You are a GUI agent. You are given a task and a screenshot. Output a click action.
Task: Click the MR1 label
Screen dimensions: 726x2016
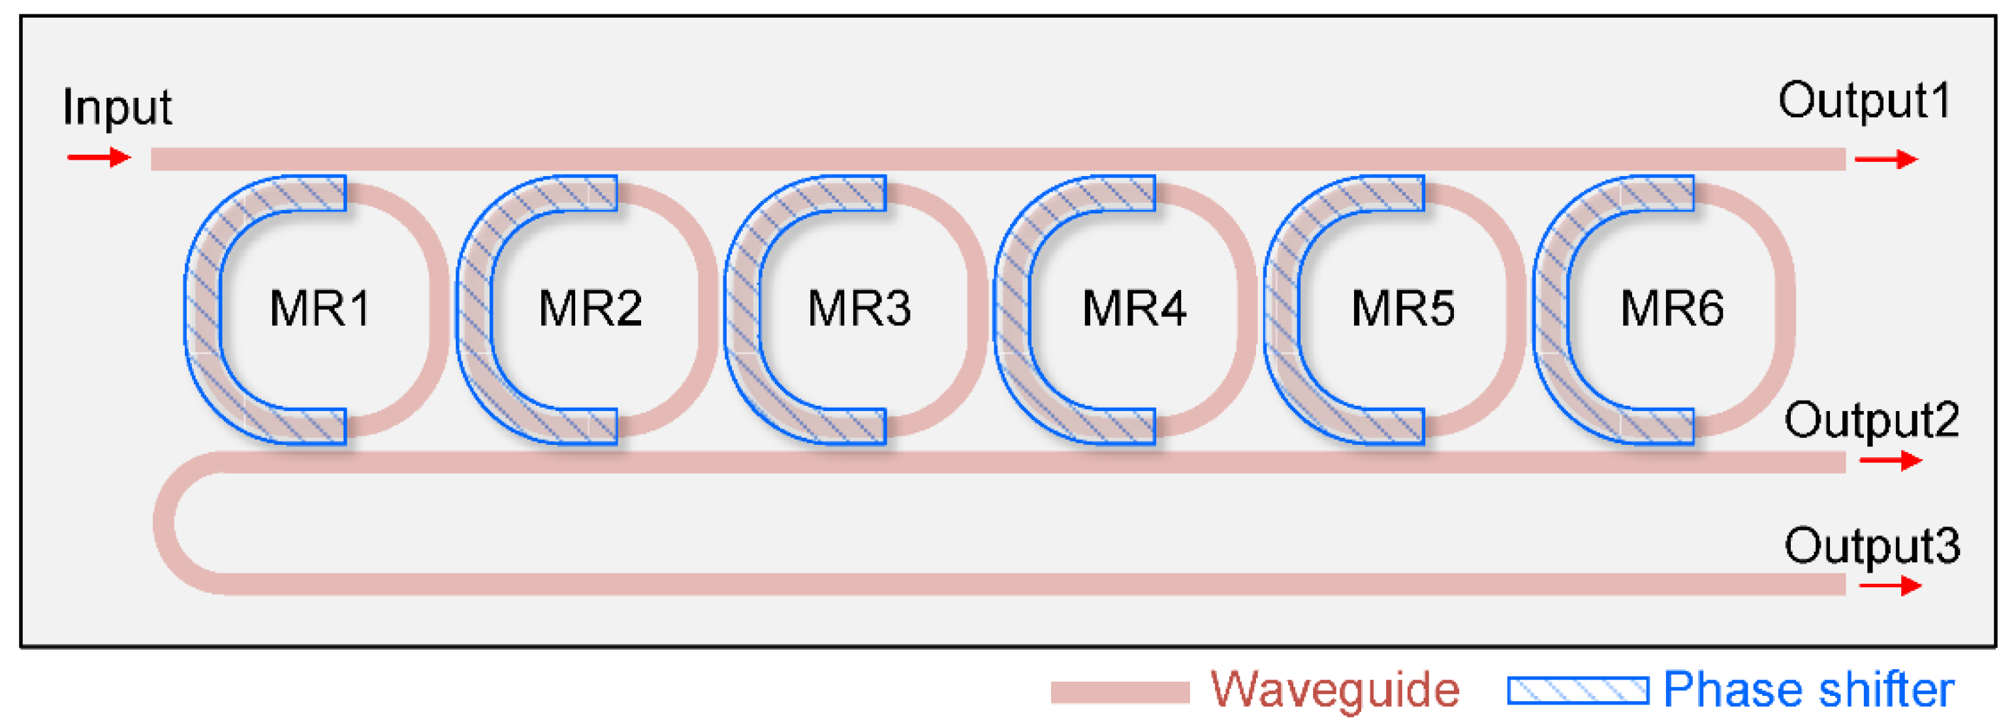point(319,307)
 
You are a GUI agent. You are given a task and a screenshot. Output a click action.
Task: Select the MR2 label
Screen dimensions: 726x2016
point(590,307)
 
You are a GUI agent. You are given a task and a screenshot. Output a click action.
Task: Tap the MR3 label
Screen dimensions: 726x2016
point(859,307)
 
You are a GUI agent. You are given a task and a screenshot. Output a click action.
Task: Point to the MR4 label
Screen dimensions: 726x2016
point(1134,307)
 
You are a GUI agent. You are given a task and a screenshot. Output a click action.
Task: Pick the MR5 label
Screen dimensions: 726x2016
point(1402,307)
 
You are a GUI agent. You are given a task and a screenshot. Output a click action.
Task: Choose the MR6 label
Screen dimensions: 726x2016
point(1672,307)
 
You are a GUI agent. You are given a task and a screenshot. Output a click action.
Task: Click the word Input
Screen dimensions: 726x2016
point(117,107)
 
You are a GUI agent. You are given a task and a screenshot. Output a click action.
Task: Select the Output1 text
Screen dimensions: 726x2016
point(1865,102)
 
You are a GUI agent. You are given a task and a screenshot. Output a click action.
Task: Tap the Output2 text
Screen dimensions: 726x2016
point(1871,421)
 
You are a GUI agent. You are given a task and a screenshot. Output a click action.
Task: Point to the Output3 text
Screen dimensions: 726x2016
point(1871,545)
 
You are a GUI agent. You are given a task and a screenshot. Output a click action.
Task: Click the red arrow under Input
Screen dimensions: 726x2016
point(99,158)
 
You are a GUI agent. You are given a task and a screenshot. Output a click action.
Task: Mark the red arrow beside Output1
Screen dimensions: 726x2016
point(1886,160)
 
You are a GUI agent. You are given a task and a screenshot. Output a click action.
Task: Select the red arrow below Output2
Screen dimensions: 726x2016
point(1890,460)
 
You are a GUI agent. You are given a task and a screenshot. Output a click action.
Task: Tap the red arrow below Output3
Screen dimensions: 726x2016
point(1890,584)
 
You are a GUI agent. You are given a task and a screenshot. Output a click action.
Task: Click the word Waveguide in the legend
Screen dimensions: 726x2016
point(1335,691)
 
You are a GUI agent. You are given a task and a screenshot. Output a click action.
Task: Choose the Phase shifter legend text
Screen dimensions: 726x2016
point(1808,690)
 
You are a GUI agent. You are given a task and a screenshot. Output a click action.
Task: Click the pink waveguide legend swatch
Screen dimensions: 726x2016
point(1120,692)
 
